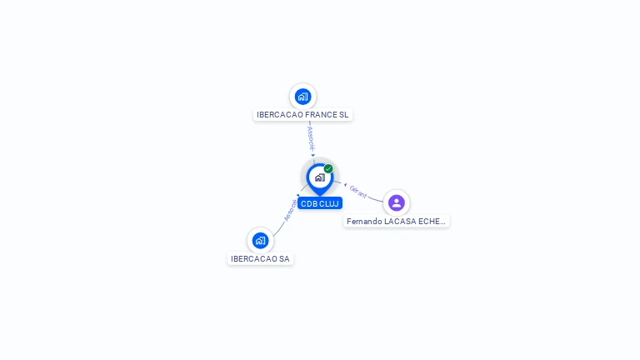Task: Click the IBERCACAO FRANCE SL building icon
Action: click(x=302, y=96)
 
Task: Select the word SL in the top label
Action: click(x=344, y=115)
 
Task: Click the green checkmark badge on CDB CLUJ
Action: click(x=328, y=169)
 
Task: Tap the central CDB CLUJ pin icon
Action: click(x=319, y=177)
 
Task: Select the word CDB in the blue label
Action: click(x=309, y=203)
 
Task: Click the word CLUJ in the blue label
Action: click(x=329, y=203)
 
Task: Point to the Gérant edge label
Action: click(x=358, y=191)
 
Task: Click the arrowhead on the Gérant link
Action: click(x=345, y=184)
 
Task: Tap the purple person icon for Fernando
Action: click(x=397, y=202)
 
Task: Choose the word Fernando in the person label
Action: click(x=364, y=222)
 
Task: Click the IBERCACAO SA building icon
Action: click(x=260, y=241)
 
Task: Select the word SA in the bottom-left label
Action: click(x=284, y=259)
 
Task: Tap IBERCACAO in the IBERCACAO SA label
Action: click(x=254, y=259)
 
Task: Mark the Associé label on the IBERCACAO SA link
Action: click(x=290, y=210)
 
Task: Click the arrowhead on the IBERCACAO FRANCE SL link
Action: click(x=312, y=155)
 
